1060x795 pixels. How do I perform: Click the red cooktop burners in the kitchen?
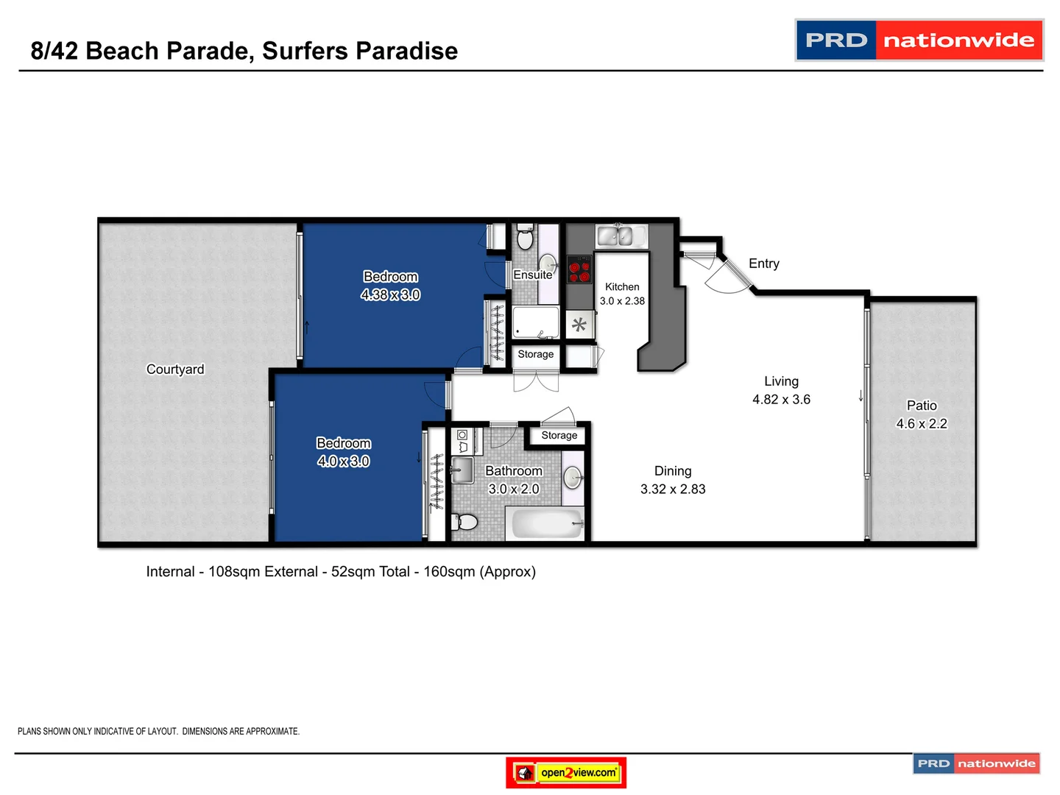pyautogui.click(x=579, y=269)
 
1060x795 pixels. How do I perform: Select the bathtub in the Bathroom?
pyautogui.click(x=547, y=524)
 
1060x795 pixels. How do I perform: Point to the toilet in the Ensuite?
pyautogui.click(x=525, y=238)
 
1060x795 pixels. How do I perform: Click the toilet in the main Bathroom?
pyautogui.click(x=465, y=522)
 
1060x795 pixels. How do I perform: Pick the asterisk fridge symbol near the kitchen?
pyautogui.click(x=579, y=325)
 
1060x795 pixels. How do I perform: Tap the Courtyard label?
pyautogui.click(x=175, y=370)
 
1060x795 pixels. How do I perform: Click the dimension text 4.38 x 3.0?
pyautogui.click(x=390, y=295)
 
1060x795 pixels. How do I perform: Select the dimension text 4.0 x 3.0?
pyautogui.click(x=343, y=462)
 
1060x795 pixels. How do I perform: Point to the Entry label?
pyautogui.click(x=763, y=264)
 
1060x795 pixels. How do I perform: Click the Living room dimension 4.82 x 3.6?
pyautogui.click(x=781, y=400)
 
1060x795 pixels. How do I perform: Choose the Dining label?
pyautogui.click(x=673, y=471)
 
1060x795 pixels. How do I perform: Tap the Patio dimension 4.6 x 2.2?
pyautogui.click(x=921, y=424)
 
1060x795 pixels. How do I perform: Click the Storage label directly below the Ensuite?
pyautogui.click(x=535, y=354)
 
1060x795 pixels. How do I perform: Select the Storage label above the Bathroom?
pyautogui.click(x=559, y=435)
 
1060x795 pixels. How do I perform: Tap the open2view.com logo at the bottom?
pyautogui.click(x=566, y=772)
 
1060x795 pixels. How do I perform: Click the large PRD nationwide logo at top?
pyautogui.click(x=919, y=40)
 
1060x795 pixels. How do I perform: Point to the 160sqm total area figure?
pyautogui.click(x=449, y=572)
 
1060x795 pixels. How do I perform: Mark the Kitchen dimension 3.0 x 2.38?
pyautogui.click(x=622, y=301)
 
